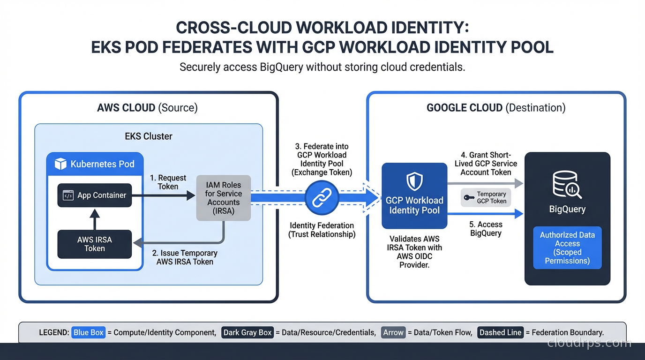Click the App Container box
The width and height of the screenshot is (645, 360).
(x=95, y=195)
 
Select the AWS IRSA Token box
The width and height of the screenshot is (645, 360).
(x=95, y=244)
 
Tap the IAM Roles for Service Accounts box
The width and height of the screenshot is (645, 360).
(x=223, y=198)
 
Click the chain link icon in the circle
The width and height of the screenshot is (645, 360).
(x=322, y=197)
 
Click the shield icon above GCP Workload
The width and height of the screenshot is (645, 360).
(x=414, y=181)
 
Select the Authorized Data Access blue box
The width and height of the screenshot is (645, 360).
(x=567, y=248)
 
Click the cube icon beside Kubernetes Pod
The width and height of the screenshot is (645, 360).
(x=60, y=164)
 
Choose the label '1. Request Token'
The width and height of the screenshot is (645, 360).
(x=168, y=182)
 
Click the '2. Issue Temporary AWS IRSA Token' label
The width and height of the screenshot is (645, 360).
(x=185, y=257)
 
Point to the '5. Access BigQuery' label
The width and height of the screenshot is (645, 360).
(x=486, y=229)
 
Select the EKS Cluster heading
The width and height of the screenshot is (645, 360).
(x=149, y=136)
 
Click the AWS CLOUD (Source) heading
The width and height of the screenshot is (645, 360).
(x=147, y=108)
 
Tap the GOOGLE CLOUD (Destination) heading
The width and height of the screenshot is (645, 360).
(x=495, y=108)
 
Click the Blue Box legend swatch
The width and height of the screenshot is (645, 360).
(x=89, y=332)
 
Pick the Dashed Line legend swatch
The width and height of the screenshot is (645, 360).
(x=500, y=332)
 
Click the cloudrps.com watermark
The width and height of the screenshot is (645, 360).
(x=589, y=343)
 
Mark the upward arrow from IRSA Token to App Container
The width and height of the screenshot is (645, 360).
(x=95, y=218)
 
